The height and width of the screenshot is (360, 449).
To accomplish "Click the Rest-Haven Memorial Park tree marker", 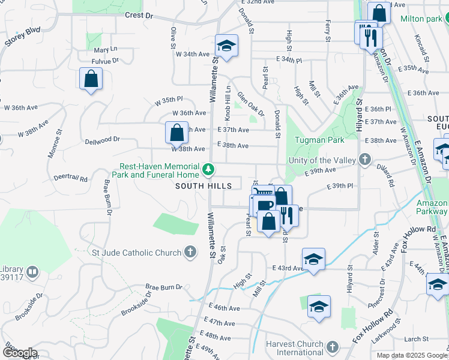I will click(x=208, y=170).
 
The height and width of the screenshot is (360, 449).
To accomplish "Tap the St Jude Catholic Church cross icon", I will click(x=190, y=252).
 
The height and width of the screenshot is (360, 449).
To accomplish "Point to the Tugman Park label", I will click(x=319, y=140).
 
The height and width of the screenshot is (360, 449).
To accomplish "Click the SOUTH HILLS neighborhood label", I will click(x=203, y=187).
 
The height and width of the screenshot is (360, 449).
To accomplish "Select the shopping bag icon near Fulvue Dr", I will click(x=91, y=78).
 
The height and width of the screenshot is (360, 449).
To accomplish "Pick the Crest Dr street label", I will click(x=139, y=16).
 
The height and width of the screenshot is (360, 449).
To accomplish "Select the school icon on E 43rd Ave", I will click(x=313, y=259).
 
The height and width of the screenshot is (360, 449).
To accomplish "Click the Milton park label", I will click(x=421, y=19).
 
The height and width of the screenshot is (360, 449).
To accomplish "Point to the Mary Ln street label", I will click(x=105, y=49).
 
